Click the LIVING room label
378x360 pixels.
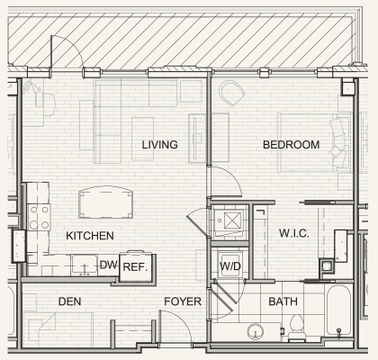point(159,145)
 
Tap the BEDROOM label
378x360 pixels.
point(291,145)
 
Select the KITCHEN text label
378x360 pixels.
point(90,236)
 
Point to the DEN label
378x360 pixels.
point(69,301)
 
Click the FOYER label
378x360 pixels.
point(183,301)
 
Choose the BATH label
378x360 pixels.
point(283,301)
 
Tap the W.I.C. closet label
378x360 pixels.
point(293,233)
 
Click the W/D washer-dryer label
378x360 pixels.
point(230,265)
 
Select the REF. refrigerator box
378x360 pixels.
point(136,267)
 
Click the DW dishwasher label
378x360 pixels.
point(108,265)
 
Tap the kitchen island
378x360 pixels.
point(105,202)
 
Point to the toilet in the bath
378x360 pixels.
point(297,327)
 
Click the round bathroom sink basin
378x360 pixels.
point(256,331)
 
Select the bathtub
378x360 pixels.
point(338,310)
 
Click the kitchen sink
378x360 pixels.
point(85,265)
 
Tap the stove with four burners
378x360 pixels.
point(39,217)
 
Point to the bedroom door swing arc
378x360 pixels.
point(231,177)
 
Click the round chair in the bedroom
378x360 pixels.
point(231,93)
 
